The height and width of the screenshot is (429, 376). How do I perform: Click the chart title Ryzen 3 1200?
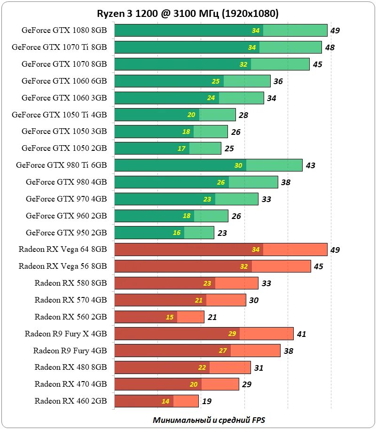(188, 14)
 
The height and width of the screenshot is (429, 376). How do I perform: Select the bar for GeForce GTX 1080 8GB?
(221, 31)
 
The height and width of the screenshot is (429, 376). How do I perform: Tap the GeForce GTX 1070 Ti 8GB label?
(59, 47)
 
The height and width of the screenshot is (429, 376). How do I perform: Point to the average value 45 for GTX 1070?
(318, 64)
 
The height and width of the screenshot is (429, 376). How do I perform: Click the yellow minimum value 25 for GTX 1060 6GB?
(216, 81)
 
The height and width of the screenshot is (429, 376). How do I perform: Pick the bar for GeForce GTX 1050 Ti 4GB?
(175, 115)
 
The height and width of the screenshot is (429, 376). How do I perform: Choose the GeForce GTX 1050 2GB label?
(64, 148)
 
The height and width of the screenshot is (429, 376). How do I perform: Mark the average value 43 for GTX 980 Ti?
(310, 165)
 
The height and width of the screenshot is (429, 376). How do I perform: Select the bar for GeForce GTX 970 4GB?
(186, 199)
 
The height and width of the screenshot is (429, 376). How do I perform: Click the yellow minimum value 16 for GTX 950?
(177, 233)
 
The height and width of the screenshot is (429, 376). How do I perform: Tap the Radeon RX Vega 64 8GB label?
(63, 250)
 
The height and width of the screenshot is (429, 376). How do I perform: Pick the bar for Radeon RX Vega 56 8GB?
(212, 266)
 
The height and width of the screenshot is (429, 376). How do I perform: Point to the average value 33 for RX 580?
(266, 283)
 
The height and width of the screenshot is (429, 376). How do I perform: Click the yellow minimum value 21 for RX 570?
(198, 300)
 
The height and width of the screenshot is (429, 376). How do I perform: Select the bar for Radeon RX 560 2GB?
(159, 317)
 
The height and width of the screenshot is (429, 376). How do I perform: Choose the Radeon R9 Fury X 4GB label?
(66, 334)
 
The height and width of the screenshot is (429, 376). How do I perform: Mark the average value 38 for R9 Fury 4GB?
(289, 351)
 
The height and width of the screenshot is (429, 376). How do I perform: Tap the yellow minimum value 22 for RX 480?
(202, 368)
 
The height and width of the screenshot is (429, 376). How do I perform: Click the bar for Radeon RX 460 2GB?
(157, 401)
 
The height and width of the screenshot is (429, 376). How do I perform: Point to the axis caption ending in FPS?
(212, 420)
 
